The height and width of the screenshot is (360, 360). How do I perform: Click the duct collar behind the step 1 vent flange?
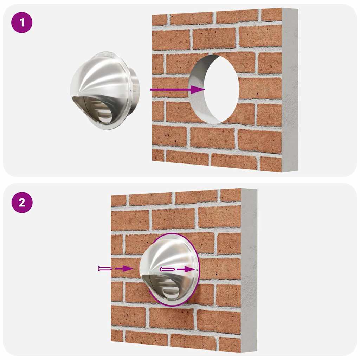click(135, 88)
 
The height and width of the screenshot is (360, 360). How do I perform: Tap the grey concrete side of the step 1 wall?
click(289, 88)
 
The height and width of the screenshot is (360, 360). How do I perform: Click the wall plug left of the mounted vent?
click(105, 269)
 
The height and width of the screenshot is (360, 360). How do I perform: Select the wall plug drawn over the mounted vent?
click(167, 269)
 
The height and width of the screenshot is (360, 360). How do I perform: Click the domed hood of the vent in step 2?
click(165, 253)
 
